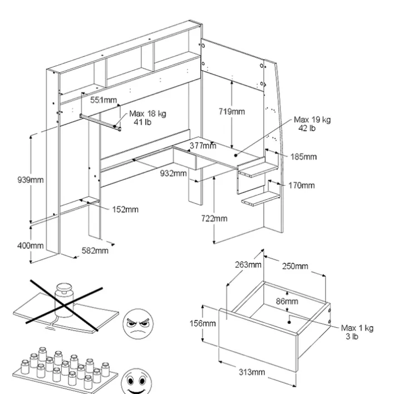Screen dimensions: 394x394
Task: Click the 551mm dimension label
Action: click(x=104, y=100)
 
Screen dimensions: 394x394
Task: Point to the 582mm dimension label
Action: click(x=95, y=251)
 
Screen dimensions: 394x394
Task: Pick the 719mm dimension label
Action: click(x=231, y=111)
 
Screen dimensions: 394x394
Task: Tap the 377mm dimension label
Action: click(x=203, y=146)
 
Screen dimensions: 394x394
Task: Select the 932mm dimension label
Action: click(x=173, y=174)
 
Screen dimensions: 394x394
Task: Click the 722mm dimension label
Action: click(x=214, y=219)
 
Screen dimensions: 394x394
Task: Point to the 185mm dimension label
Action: click(x=303, y=157)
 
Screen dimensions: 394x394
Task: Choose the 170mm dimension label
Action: click(x=301, y=185)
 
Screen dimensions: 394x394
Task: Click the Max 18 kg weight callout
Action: click(x=147, y=118)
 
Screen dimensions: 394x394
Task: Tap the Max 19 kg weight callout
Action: click(x=312, y=124)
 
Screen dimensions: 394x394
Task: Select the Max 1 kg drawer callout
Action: click(x=357, y=332)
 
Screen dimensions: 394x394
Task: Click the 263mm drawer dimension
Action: click(x=248, y=265)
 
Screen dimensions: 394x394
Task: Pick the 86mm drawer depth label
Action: click(x=287, y=302)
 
